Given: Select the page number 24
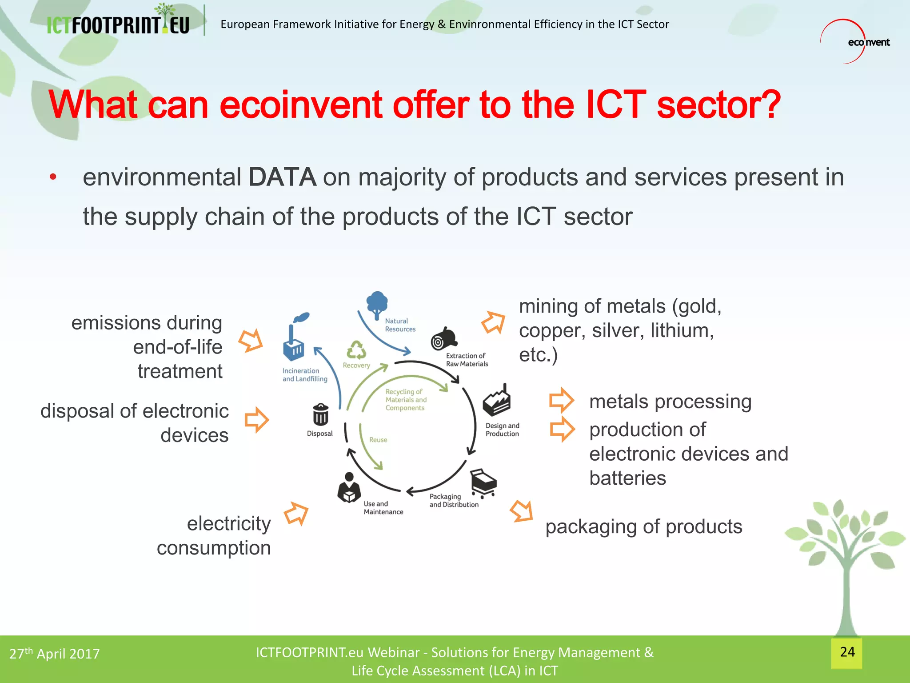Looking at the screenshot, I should [847, 652].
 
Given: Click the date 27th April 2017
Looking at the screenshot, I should [55, 654].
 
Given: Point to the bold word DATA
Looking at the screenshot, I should [282, 177].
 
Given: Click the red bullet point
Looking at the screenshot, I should [53, 177].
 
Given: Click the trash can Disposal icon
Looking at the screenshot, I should [320, 415].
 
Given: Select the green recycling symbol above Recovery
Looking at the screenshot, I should [356, 350].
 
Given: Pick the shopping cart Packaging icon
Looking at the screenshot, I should [483, 482].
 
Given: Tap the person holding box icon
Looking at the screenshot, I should [349, 488].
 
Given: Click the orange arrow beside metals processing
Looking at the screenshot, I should [562, 400].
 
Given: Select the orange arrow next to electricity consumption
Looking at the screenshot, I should [296, 514].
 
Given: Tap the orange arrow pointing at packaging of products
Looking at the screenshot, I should [522, 511].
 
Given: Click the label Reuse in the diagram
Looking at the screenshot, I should [378, 440].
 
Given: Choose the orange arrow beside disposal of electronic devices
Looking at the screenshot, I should [257, 419].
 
